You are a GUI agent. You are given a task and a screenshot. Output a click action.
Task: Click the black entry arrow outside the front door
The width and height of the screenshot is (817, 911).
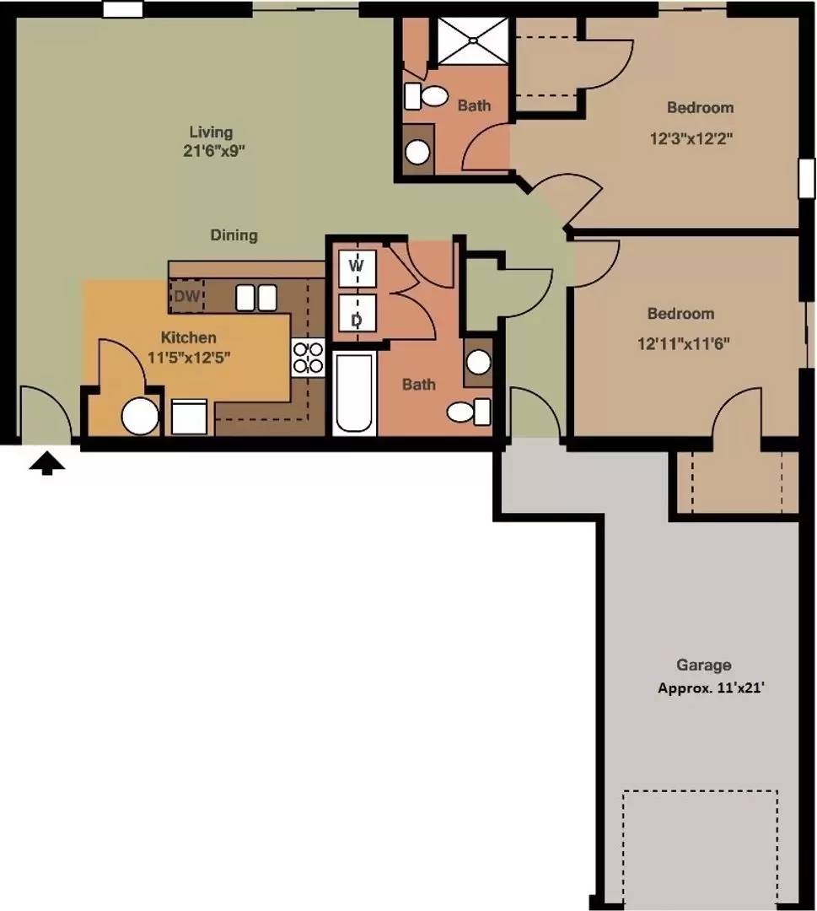(47, 464)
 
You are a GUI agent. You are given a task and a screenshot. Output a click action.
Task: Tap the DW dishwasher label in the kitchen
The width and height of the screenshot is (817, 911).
(187, 296)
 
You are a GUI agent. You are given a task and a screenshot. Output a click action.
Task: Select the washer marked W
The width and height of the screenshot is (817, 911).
(357, 268)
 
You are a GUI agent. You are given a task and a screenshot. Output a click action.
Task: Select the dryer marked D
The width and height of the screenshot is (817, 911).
(357, 313)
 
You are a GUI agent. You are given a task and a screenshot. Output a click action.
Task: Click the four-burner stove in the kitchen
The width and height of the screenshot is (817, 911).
(308, 358)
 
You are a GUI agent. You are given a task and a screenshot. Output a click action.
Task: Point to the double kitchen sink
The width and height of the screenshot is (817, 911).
(256, 298)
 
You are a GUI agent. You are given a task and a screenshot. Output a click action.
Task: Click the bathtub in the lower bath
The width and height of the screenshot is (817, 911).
(352, 393)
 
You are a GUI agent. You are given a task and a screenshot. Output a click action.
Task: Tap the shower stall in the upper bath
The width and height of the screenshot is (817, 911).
(473, 40)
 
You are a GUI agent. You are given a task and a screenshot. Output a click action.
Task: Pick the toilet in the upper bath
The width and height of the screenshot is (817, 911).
(426, 96)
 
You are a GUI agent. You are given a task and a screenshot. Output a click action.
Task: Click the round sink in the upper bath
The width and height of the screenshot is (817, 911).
(417, 152)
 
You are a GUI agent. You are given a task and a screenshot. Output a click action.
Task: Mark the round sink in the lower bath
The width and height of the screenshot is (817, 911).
(478, 362)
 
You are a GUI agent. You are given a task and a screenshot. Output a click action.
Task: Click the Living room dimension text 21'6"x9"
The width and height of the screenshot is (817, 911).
(213, 151)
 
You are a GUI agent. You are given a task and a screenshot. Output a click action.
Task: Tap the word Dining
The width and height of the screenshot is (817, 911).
(234, 235)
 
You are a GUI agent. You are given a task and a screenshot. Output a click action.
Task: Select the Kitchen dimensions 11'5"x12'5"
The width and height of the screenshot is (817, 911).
(189, 357)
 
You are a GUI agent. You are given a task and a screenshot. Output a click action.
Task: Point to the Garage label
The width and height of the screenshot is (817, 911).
(703, 665)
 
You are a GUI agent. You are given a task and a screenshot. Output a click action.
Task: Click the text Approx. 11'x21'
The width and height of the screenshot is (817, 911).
(711, 688)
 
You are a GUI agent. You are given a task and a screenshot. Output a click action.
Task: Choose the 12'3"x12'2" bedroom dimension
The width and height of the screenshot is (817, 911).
(691, 139)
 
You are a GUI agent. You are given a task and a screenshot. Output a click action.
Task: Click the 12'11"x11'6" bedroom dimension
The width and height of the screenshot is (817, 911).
(684, 343)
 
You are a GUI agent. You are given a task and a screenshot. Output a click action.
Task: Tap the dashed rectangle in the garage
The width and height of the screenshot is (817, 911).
(701, 790)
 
